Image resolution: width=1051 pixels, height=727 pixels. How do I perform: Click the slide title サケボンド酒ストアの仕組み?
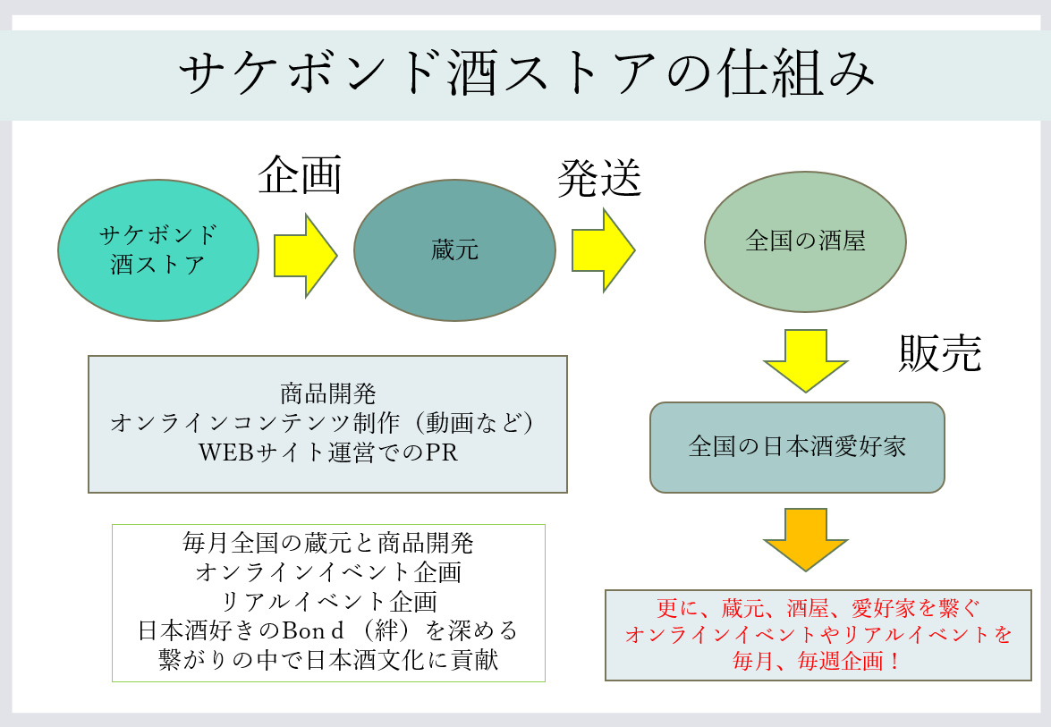point(527,72)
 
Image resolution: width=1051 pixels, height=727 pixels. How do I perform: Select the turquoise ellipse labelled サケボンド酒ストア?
point(158,249)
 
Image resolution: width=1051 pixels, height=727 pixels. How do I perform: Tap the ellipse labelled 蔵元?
point(454,249)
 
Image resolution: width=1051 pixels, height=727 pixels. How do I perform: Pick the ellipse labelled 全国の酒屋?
point(805,241)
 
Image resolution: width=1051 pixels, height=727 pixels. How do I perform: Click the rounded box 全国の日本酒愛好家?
point(797,448)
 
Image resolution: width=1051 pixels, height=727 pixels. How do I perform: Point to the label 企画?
point(301,175)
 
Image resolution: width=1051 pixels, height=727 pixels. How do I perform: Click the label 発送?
point(599,178)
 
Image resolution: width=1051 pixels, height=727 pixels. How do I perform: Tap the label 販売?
point(940,352)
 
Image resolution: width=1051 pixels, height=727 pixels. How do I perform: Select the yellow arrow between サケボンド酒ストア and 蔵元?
point(306,255)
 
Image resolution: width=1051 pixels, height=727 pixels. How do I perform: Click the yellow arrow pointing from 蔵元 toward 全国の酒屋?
point(603,250)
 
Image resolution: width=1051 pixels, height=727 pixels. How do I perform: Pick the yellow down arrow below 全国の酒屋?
point(805,360)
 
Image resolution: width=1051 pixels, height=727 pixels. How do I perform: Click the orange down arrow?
point(805,539)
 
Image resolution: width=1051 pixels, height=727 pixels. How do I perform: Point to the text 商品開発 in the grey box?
point(327,393)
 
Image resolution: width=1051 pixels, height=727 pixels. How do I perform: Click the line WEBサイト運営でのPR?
point(327,452)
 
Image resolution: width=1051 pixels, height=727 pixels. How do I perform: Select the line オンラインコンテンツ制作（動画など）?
point(323,423)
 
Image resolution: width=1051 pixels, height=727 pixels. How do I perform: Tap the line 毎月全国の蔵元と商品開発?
point(327,543)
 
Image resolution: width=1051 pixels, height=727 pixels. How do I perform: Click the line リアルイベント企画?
point(328,601)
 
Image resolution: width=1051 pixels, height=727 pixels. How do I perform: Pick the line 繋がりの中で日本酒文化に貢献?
point(328,659)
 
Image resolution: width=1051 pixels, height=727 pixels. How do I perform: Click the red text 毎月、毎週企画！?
point(817,662)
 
